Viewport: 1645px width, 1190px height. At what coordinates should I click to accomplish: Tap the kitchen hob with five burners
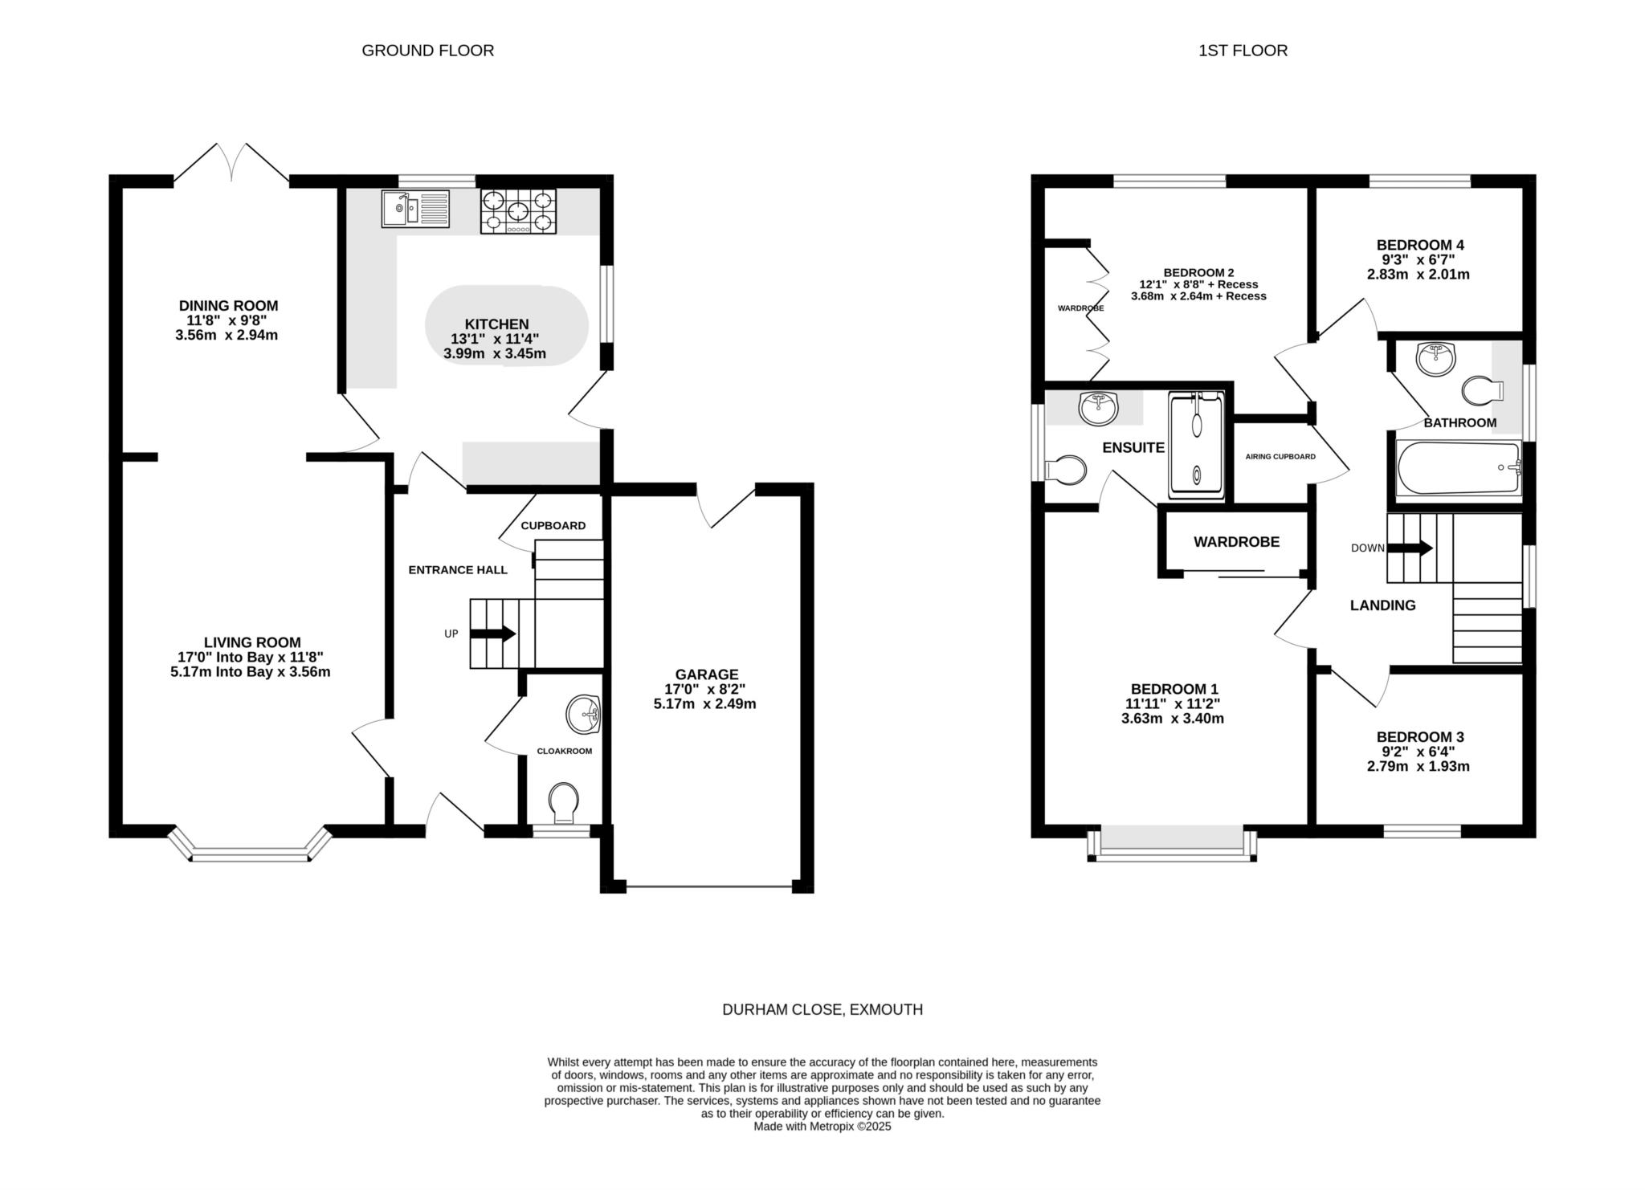518,211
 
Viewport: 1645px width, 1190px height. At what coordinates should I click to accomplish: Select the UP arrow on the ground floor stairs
492,634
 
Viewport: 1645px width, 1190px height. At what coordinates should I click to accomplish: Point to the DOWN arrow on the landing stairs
1410,548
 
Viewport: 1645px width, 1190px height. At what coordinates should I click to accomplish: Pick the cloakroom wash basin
584,715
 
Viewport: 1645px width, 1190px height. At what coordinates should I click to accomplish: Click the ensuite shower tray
1196,445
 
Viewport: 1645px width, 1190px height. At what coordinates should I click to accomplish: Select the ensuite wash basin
1098,408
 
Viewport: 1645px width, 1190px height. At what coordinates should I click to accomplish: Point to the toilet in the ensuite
1066,468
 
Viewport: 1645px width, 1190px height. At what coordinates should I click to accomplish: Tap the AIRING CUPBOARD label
1280,457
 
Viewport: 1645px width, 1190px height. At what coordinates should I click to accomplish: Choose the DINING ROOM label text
228,306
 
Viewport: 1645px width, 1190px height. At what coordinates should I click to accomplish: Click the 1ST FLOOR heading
1243,51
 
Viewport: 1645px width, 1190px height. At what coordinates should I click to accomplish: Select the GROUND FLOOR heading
428,51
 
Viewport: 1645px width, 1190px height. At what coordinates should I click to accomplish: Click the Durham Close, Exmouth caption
822,1010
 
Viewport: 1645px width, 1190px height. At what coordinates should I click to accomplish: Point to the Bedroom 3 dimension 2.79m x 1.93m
1418,766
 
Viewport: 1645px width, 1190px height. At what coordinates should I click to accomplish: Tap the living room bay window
250,846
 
